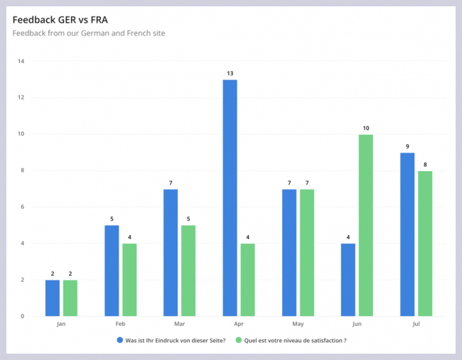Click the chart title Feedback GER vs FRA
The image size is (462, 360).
60,19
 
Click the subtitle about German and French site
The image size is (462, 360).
89,33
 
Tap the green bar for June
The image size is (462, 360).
365,225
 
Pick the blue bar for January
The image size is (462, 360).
53,298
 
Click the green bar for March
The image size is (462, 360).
188,271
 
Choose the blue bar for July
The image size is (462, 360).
407,234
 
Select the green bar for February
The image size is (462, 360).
129,280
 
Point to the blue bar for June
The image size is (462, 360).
348,280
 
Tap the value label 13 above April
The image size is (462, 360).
230,73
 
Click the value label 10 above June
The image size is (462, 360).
365,129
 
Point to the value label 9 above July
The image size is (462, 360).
407,146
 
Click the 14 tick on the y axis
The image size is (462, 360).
21,61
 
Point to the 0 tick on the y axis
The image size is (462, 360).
23,316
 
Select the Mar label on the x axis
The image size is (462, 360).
179,324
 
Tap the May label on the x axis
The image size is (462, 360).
298,324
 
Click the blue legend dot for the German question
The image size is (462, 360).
119,340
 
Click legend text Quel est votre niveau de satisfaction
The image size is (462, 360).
295,340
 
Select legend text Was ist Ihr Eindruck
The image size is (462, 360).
175,340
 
